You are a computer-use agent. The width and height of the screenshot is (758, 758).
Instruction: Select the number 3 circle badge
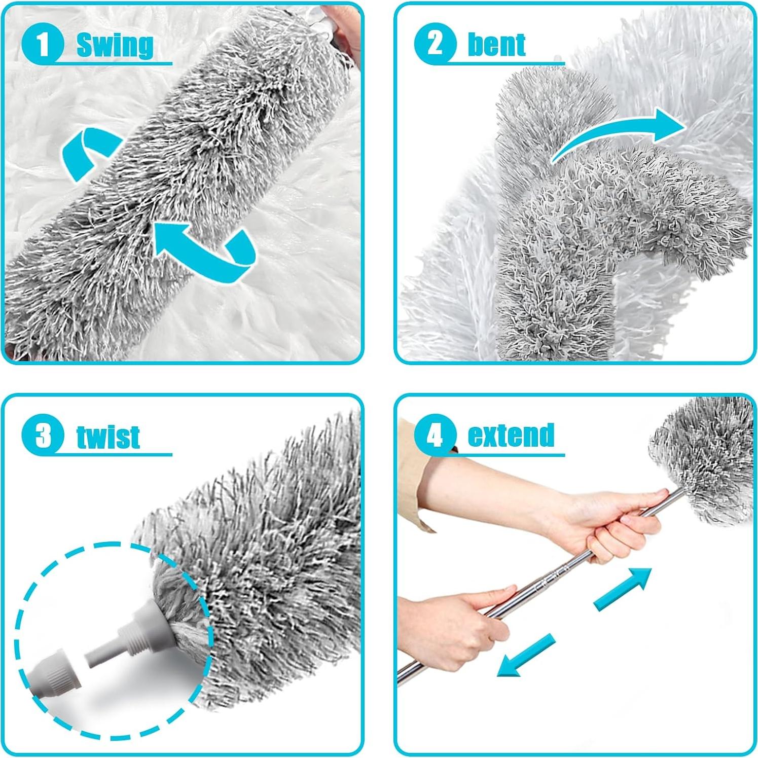(x=43, y=435)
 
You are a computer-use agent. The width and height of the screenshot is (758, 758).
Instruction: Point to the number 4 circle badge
(x=435, y=435)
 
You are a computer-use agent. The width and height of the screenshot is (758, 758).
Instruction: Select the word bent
(x=496, y=45)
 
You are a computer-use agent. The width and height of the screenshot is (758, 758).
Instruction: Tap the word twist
(x=108, y=437)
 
